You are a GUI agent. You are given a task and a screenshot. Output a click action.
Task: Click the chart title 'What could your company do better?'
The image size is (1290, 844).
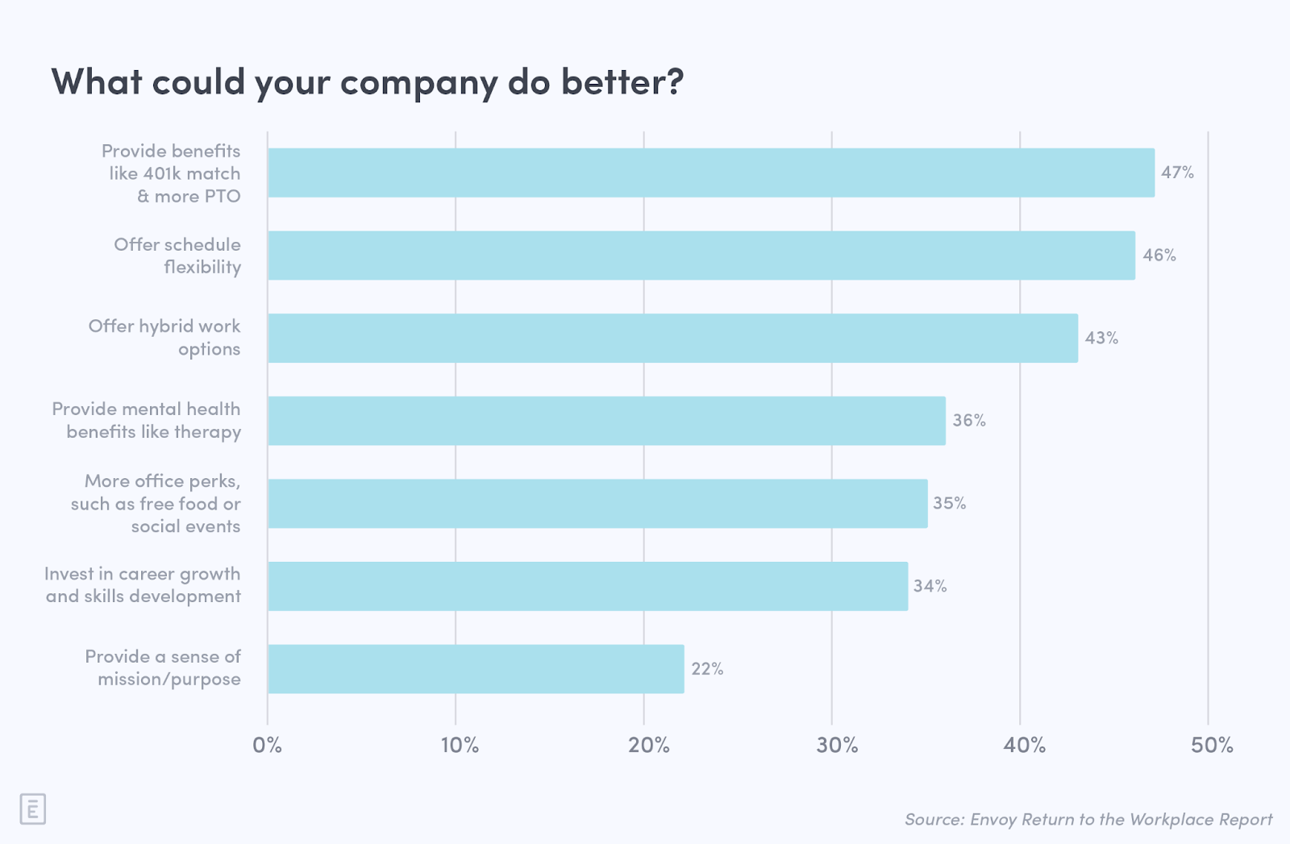[367, 82]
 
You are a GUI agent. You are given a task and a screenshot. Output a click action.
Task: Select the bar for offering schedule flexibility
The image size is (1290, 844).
[701, 256]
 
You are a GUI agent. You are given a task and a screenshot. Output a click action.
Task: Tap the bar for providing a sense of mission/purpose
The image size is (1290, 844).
[476, 668]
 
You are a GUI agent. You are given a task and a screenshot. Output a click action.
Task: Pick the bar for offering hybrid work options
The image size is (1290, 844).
[672, 338]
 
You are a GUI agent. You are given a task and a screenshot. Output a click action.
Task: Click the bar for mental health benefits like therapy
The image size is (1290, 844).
[606, 420]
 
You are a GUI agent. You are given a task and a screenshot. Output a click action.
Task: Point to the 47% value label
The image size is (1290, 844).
[1177, 172]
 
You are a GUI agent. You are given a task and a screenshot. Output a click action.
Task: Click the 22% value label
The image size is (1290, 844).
[707, 668]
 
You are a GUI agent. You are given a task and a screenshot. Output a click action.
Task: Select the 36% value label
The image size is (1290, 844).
[969, 420]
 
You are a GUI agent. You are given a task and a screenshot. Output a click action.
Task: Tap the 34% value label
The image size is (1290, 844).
[930, 586]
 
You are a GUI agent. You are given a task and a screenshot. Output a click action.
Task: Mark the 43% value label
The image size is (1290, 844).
[1101, 338]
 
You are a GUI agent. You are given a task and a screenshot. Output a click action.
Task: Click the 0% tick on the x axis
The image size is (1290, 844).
[268, 745]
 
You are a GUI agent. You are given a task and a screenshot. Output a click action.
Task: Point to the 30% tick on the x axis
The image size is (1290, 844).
[837, 745]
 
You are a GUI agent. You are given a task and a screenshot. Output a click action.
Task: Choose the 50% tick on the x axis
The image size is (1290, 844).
[1212, 745]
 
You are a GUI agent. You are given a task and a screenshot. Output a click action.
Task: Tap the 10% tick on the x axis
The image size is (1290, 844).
[460, 745]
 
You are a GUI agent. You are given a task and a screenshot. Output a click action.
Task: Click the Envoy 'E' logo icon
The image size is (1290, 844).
[32, 809]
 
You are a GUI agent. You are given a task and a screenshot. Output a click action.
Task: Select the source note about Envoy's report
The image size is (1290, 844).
[1088, 820]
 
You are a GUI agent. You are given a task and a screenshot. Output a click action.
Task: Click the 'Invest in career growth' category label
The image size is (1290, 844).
[144, 585]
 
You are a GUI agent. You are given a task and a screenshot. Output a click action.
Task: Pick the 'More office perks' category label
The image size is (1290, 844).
[156, 503]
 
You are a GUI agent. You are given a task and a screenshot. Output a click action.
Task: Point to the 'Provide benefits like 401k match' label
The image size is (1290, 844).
[173, 173]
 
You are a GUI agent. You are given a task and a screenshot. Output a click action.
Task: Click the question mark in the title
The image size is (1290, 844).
[674, 81]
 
